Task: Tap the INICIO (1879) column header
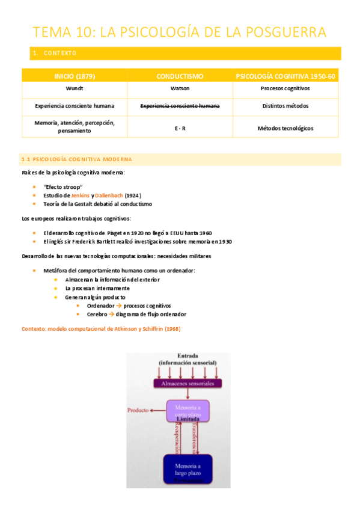(x=75, y=76)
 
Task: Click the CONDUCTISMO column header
(x=180, y=76)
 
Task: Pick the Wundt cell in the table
(x=75, y=88)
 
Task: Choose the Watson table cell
(x=180, y=88)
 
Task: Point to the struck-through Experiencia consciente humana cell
(x=180, y=106)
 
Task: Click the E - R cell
(x=180, y=128)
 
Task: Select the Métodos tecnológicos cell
(x=285, y=128)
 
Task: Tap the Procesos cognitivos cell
(x=285, y=88)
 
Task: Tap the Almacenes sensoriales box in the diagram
(x=188, y=382)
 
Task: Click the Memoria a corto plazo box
(x=188, y=412)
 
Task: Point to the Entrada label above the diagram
(x=188, y=355)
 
